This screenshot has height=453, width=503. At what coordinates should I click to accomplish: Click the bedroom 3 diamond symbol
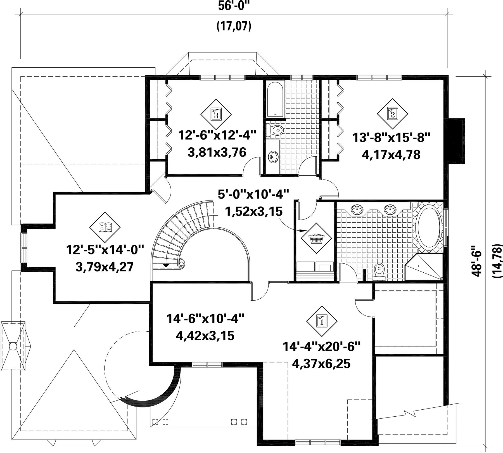216,114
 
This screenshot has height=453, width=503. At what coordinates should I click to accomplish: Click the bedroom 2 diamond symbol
392,114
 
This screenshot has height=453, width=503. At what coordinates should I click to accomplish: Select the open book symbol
105,227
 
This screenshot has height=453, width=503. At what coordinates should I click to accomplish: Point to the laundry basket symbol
316,238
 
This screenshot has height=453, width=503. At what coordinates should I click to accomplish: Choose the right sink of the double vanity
390,209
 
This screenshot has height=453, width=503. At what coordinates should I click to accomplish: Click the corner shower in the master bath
424,267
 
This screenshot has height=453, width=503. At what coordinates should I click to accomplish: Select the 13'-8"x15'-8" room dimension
391,138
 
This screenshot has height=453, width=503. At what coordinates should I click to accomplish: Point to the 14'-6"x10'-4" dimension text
205,318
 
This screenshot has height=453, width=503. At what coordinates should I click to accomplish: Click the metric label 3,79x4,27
105,266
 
